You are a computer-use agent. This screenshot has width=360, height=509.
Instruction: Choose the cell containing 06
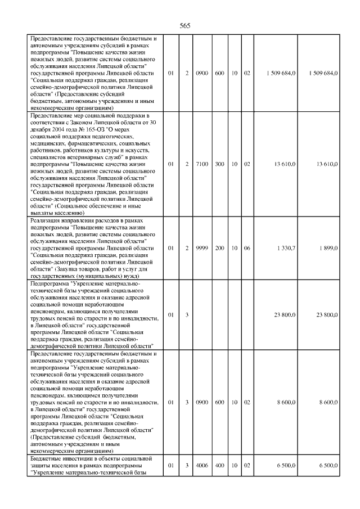(x=247, y=248)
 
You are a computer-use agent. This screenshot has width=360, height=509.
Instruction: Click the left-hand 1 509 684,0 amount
(x=281, y=74)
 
